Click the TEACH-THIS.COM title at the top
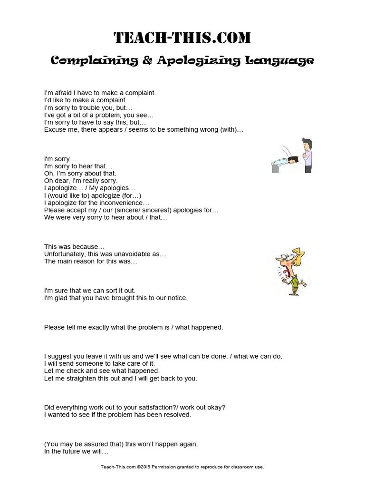pyautogui.click(x=182, y=38)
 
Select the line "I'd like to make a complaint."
pyautogui.click(x=86, y=100)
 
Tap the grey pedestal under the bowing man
pyautogui.click(x=275, y=167)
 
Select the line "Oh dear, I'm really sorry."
pyautogui.click(x=81, y=181)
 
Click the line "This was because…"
pyautogui.click(x=74, y=246)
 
